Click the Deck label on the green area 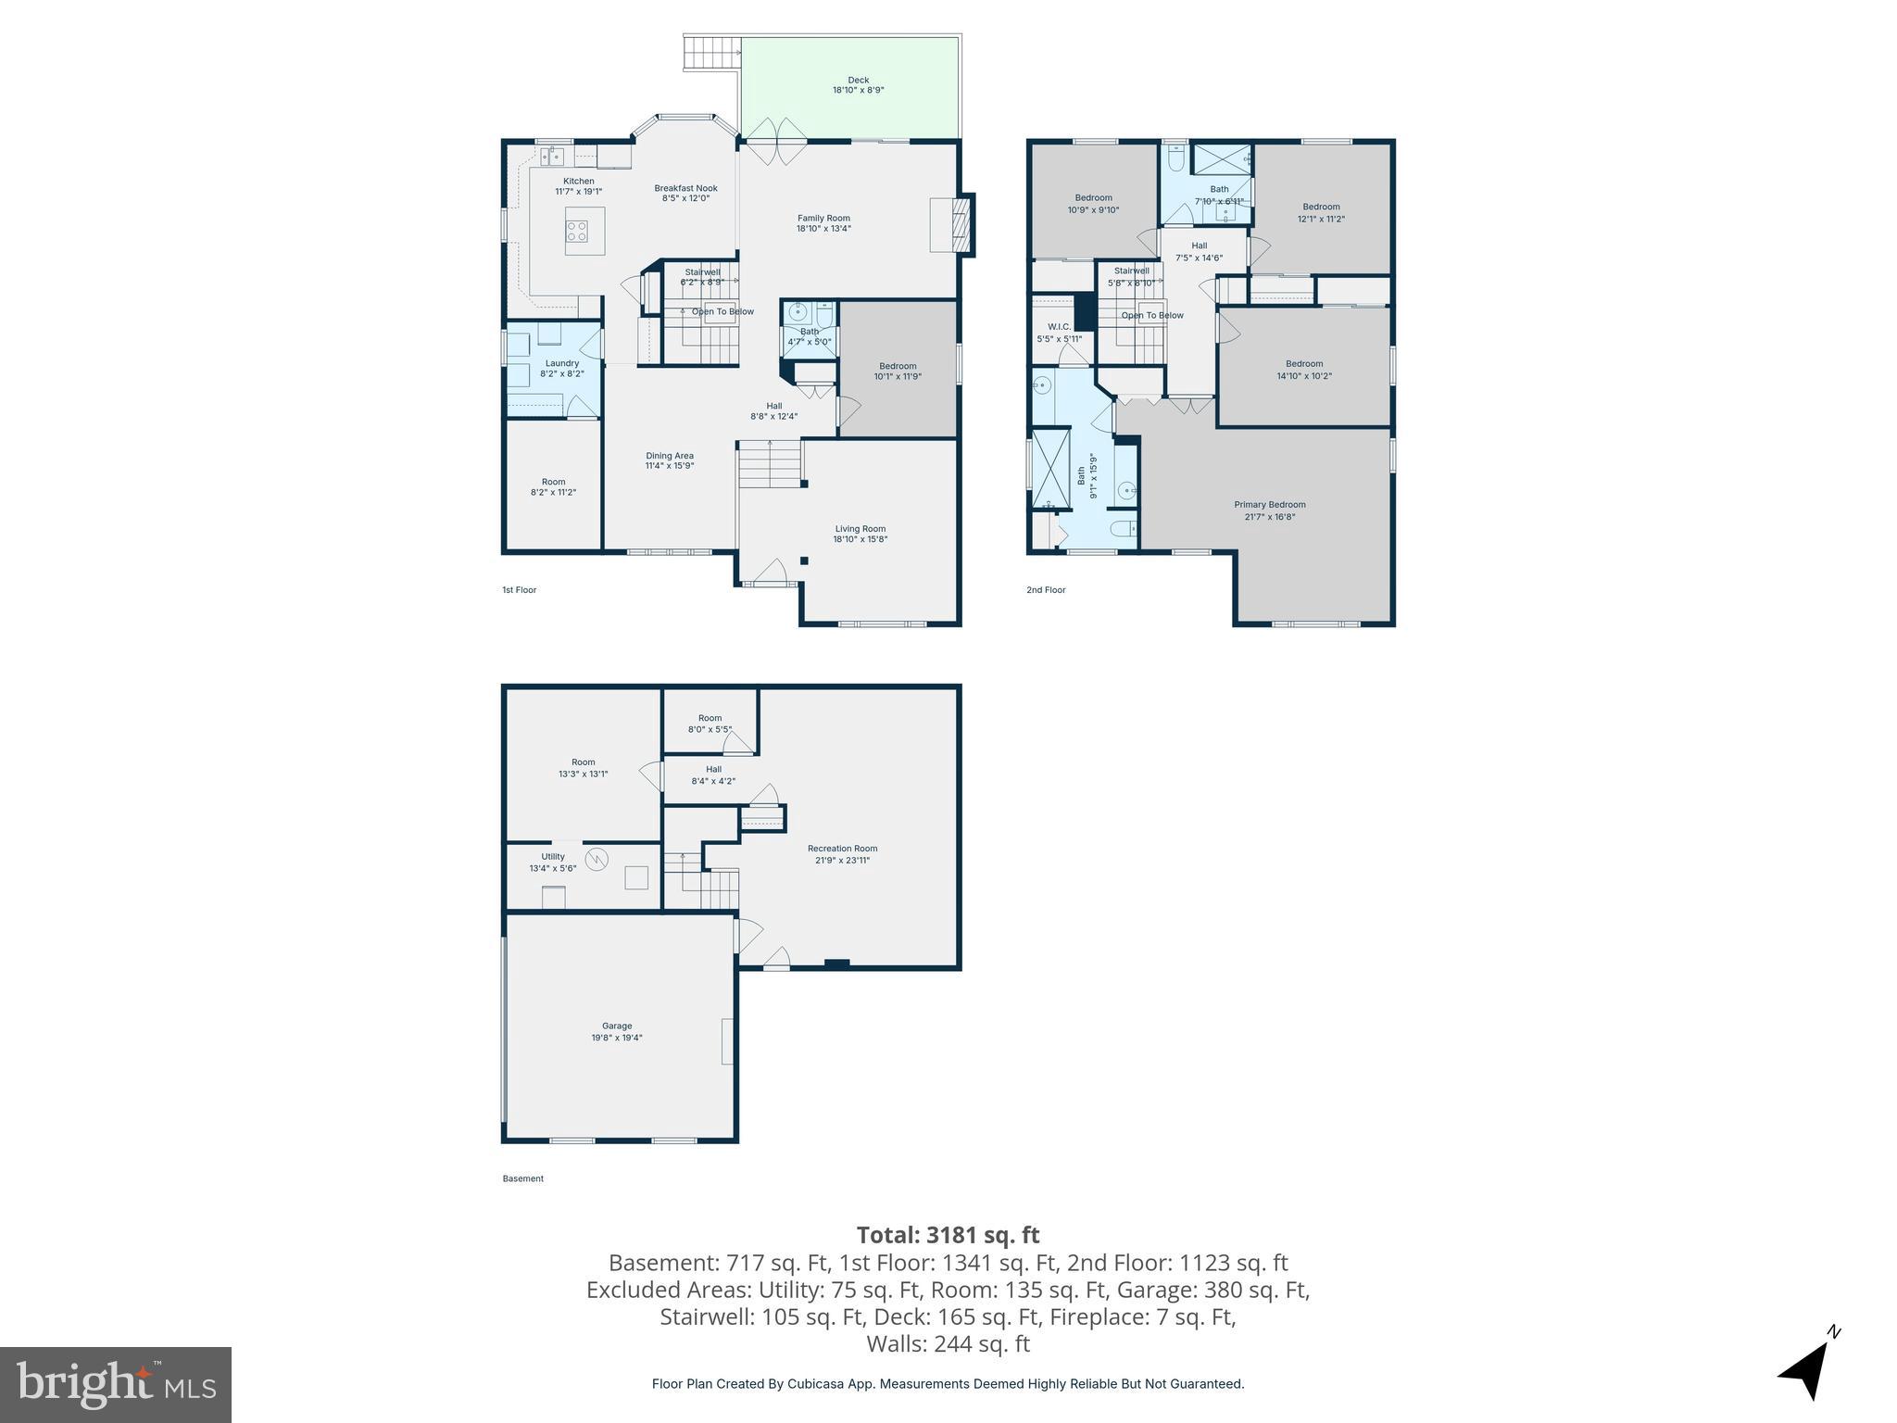pyautogui.click(x=858, y=80)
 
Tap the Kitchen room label pyautogui.click(x=579, y=181)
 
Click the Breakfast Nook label pyautogui.click(x=685, y=188)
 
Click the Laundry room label pyautogui.click(x=561, y=363)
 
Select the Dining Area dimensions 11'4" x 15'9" pyautogui.click(x=670, y=466)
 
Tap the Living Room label pyautogui.click(x=860, y=529)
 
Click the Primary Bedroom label pyautogui.click(x=1269, y=505)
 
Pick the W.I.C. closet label pyautogui.click(x=1059, y=327)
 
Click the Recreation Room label pyautogui.click(x=842, y=848)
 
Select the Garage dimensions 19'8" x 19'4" pyautogui.click(x=617, y=1038)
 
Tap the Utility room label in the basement pyautogui.click(x=553, y=856)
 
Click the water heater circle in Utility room pyautogui.click(x=597, y=859)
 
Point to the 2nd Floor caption pyautogui.click(x=1046, y=589)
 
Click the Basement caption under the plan pyautogui.click(x=522, y=1178)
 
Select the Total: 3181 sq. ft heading pyautogui.click(x=948, y=1235)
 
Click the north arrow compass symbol pyautogui.click(x=1805, y=1370)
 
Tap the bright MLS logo pyautogui.click(x=116, y=1385)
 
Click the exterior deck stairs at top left pyautogui.click(x=711, y=53)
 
